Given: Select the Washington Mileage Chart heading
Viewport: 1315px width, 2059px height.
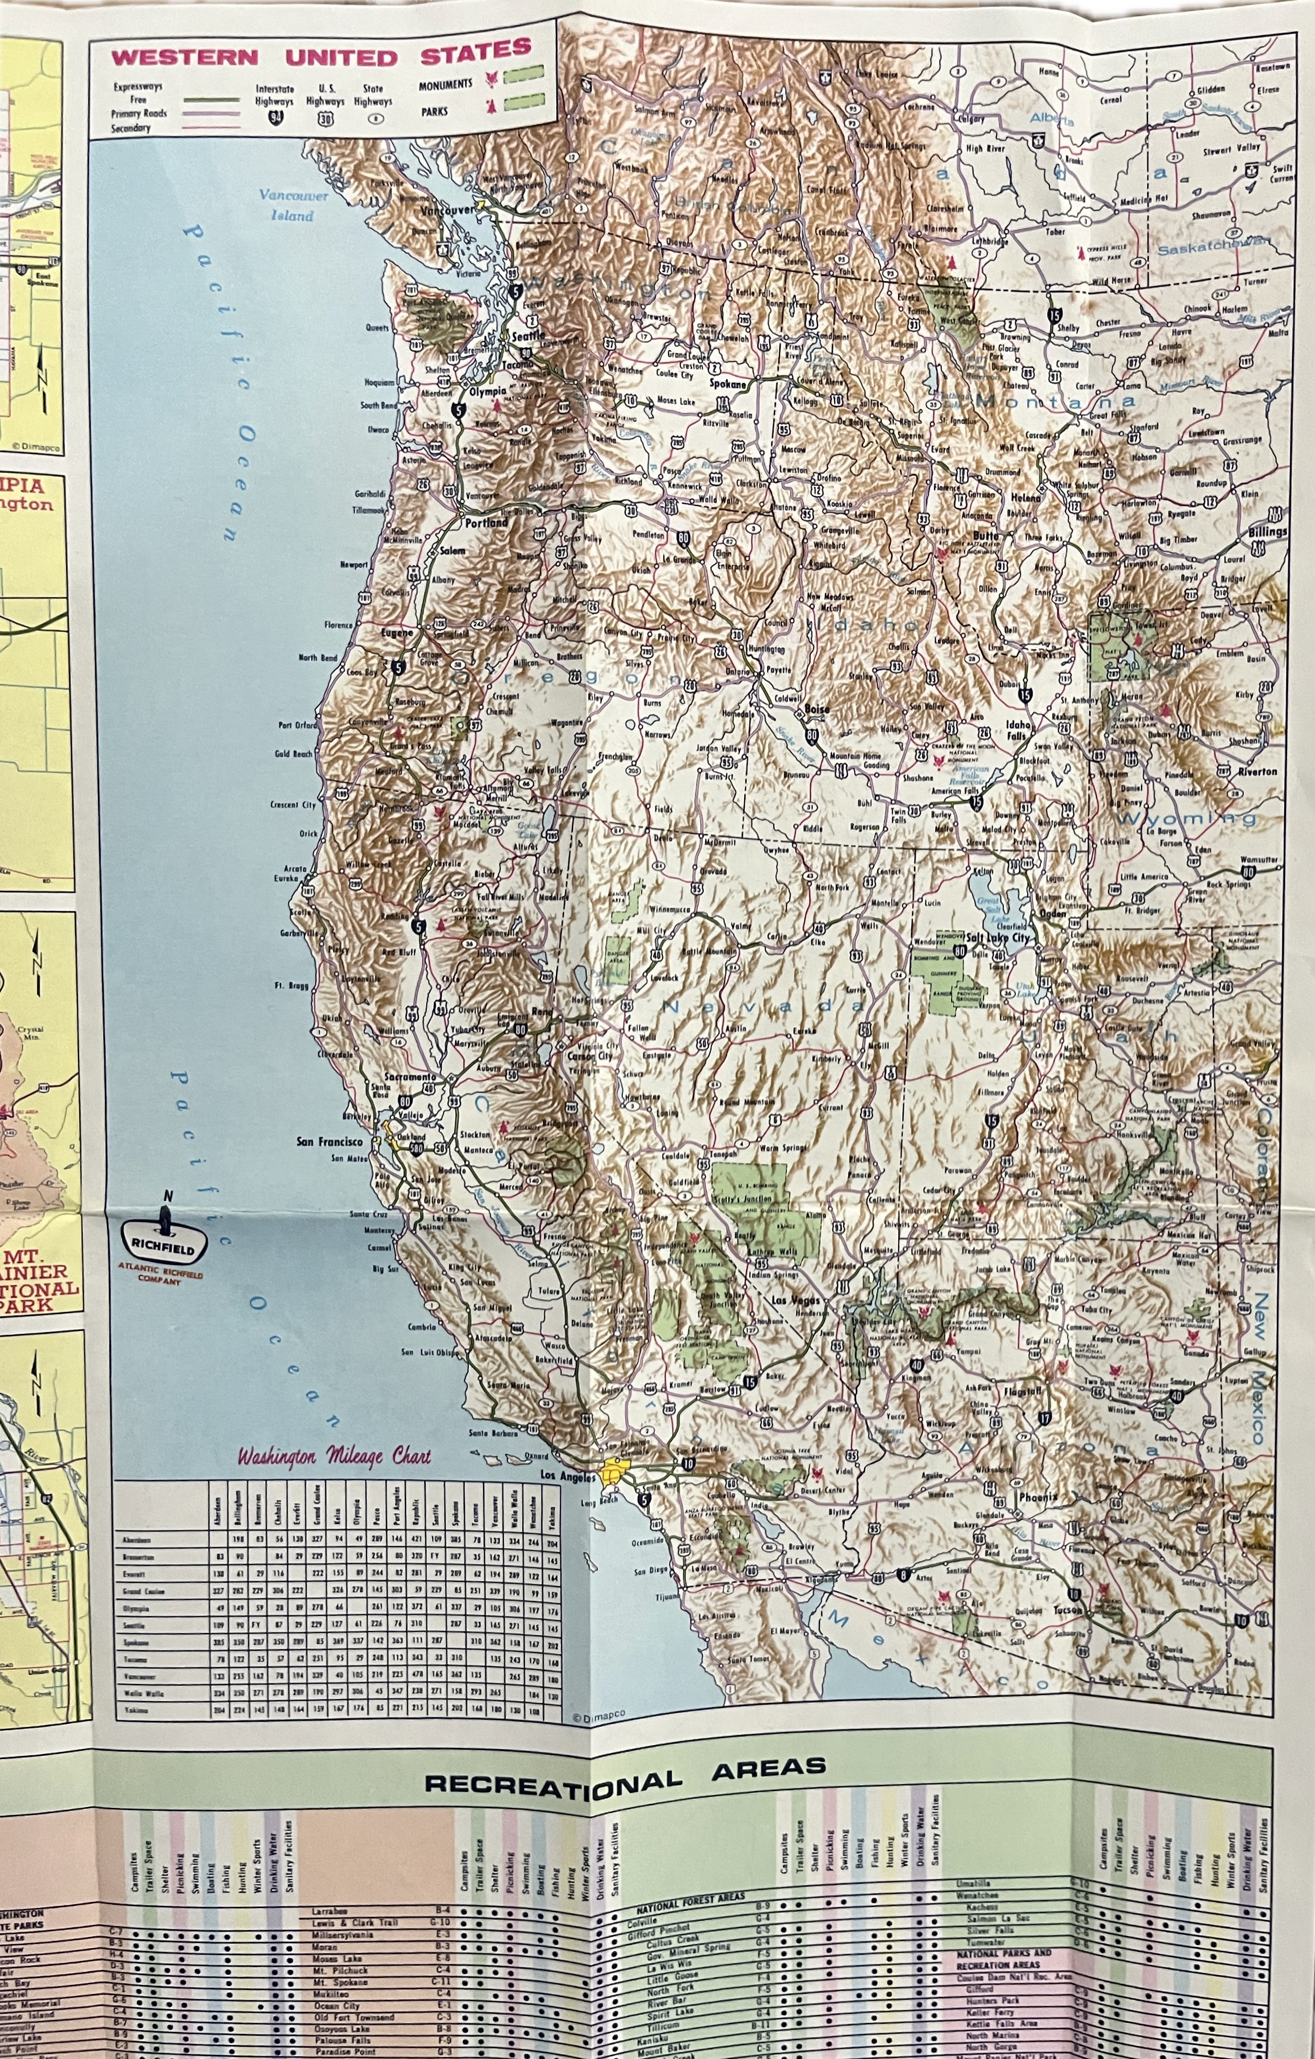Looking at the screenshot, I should click(335, 1455).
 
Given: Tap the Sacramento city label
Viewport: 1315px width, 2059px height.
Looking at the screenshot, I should click(411, 1077).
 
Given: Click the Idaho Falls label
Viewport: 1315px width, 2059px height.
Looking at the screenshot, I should click(1020, 730).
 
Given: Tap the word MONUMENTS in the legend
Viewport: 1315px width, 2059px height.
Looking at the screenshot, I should click(446, 84).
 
